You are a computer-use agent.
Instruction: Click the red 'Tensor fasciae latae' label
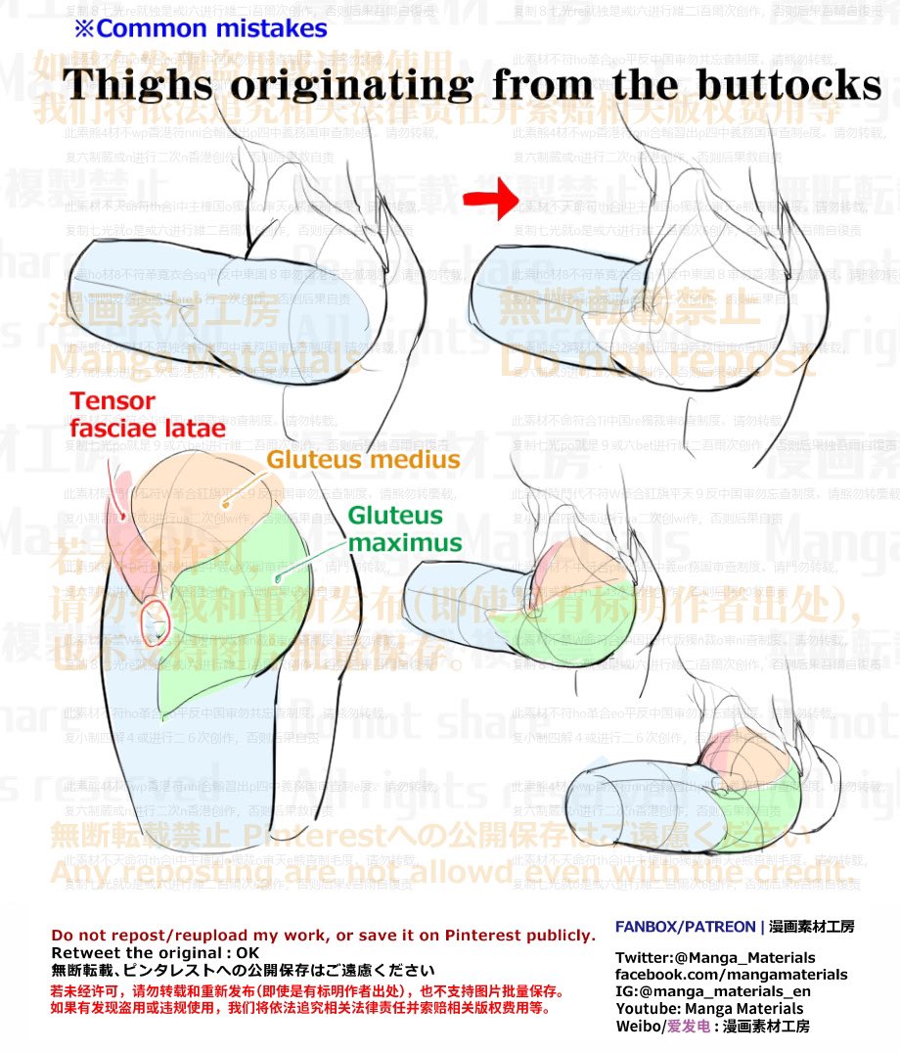tap(147, 414)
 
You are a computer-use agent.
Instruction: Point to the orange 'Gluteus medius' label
tap(363, 459)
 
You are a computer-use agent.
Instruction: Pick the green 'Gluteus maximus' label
tap(404, 528)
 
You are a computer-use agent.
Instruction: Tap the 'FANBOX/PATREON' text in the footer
tap(686, 926)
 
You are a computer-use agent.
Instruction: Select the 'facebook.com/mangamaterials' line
tap(731, 975)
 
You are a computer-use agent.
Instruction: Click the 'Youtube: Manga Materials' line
tap(709, 1009)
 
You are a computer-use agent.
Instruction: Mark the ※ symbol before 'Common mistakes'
tap(83, 28)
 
